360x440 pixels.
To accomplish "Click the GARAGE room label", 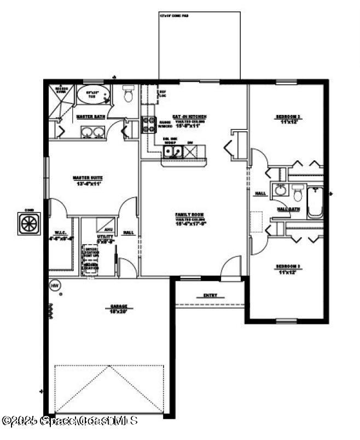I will pyautogui.click(x=118, y=306).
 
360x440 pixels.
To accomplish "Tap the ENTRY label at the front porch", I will pyautogui.click(x=210, y=296).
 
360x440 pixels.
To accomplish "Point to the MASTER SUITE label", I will pyautogui.click(x=88, y=178).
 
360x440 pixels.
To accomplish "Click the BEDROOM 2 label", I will pyautogui.click(x=288, y=117).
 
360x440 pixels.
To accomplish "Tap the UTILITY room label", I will pyautogui.click(x=105, y=236).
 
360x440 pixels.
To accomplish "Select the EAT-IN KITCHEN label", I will pyautogui.click(x=189, y=117).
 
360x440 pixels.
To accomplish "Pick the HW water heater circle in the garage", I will pyautogui.click(x=55, y=285).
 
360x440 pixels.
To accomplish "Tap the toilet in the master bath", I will pyautogui.click(x=129, y=95).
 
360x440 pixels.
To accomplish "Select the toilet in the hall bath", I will pyautogui.click(x=298, y=193).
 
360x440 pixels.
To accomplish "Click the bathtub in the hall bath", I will pyautogui.click(x=315, y=202).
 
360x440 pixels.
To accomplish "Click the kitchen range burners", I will pyautogui.click(x=148, y=125).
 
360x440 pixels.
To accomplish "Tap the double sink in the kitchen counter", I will pyautogui.click(x=171, y=153).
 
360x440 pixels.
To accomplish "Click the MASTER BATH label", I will pyautogui.click(x=91, y=117).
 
